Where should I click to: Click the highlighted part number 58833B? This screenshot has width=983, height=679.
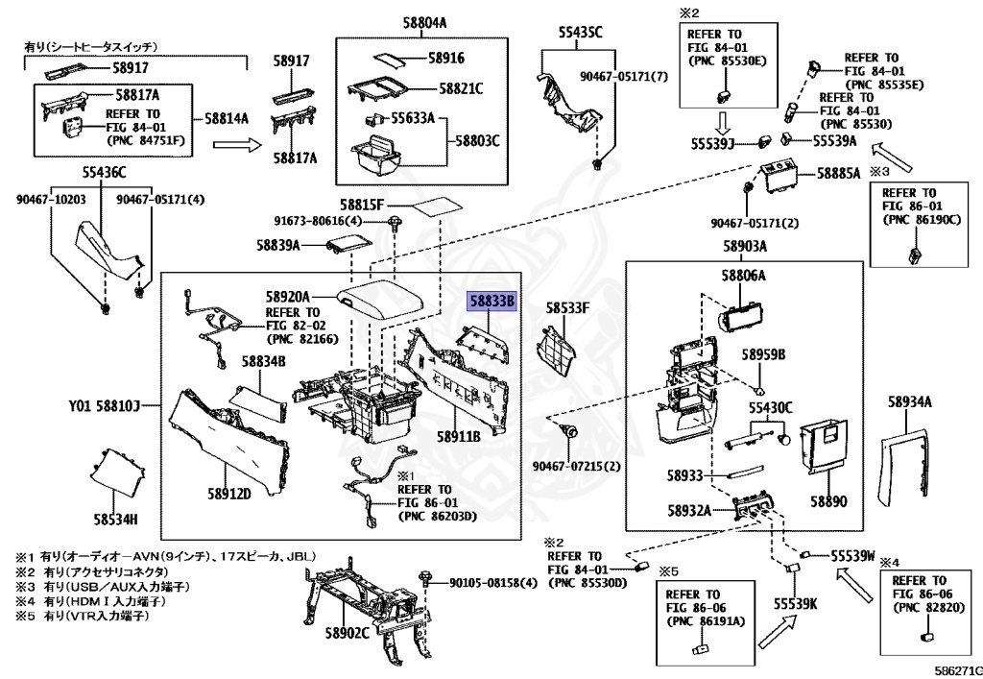click(x=491, y=301)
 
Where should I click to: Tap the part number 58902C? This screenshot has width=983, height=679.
click(x=348, y=634)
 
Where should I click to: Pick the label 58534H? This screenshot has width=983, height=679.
click(x=116, y=521)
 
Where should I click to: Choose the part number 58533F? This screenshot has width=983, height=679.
click(x=567, y=308)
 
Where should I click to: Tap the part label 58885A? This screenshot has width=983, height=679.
click(x=839, y=175)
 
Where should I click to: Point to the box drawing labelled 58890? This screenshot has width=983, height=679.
click(x=825, y=447)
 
